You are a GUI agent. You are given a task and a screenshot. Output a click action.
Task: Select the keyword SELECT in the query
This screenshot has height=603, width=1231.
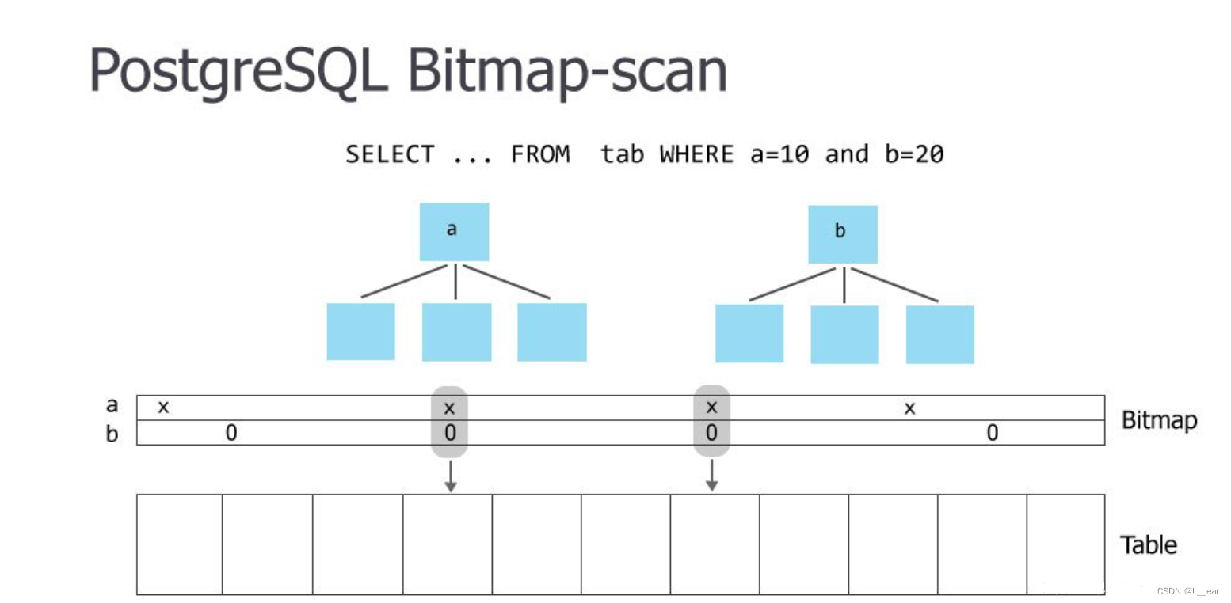[390, 154]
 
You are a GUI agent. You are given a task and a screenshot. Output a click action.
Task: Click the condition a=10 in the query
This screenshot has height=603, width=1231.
[779, 154]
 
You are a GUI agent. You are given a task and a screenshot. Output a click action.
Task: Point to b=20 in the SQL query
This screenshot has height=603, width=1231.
[914, 154]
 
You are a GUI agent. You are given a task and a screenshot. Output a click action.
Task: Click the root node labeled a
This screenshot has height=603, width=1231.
[454, 232]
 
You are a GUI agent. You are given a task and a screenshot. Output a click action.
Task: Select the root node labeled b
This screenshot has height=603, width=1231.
[842, 234]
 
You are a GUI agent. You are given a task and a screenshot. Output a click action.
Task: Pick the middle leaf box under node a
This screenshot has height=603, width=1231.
[456, 332]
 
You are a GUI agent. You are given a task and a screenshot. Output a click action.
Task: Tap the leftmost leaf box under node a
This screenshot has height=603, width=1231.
[360, 332]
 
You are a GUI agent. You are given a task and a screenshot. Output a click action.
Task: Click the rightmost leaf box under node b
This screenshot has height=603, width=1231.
[939, 335]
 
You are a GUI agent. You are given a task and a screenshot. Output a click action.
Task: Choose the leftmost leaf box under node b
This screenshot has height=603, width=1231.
[749, 334]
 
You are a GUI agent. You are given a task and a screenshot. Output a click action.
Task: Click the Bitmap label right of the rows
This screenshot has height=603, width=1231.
[1159, 420]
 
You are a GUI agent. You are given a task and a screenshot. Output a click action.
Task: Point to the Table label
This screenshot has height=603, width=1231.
[1148, 545]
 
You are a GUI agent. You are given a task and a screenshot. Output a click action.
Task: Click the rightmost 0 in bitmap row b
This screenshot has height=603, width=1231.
[992, 433]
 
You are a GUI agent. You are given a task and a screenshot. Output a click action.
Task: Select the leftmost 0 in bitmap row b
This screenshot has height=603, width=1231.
[231, 433]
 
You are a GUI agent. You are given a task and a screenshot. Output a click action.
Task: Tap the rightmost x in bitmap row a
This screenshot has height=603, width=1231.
[910, 408]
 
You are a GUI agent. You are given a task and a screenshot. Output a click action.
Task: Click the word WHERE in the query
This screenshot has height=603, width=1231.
[696, 154]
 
